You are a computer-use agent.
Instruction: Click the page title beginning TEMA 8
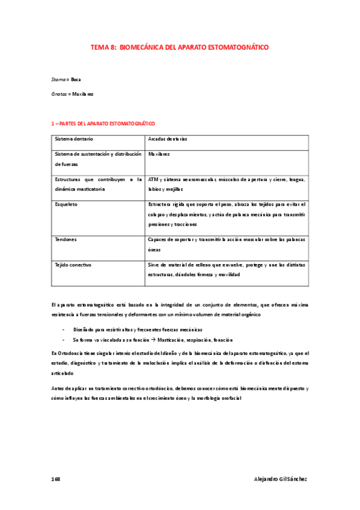pos(180,46)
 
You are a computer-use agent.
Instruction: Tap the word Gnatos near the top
pos(59,94)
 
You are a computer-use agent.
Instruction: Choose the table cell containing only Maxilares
pos(159,154)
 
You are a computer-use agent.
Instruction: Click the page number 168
pos(56,479)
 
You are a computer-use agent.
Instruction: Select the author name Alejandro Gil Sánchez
pos(281,479)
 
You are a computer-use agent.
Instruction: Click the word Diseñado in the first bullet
pos(85,330)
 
